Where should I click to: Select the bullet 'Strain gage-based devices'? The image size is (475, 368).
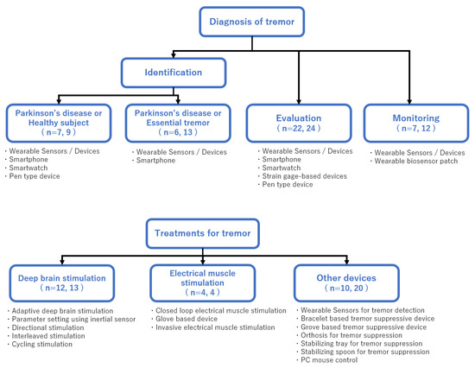(x=303, y=176)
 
